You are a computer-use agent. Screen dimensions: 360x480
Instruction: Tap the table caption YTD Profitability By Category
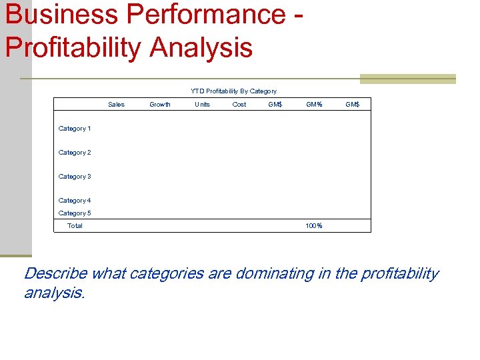233,91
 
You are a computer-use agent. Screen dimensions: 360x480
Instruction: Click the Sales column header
116,104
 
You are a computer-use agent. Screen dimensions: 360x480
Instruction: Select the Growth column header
160,104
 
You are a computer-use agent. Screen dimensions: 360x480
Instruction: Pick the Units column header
202,104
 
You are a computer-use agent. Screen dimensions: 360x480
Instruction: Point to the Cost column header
239,104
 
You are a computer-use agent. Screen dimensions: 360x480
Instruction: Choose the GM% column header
314,104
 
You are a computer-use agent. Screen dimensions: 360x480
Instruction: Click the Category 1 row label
75,129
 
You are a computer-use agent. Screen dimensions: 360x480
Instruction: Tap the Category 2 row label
75,153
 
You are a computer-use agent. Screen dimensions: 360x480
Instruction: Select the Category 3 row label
75,177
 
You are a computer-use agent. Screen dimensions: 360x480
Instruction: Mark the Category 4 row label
75,201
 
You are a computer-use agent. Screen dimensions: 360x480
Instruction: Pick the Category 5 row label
75,213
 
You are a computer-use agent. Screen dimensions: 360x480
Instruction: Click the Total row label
75,226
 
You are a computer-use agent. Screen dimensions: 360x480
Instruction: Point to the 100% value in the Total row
314,226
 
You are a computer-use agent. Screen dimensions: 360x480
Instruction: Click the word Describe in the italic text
55,273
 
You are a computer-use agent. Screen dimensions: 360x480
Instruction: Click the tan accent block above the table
407,79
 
